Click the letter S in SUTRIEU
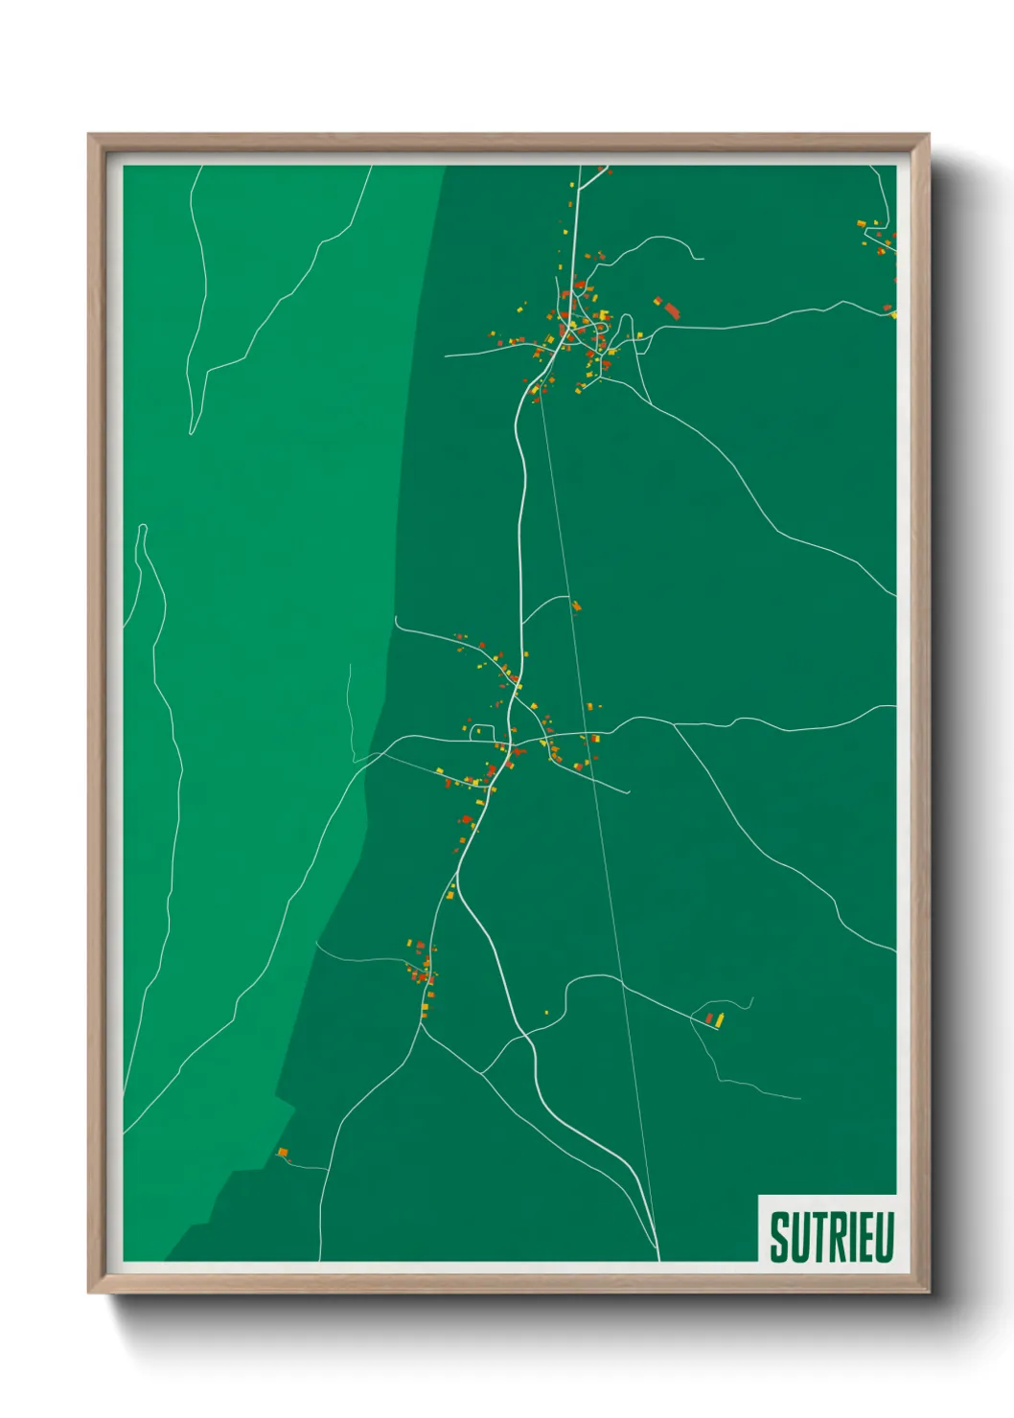[x=779, y=1238]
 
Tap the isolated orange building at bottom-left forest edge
[x=282, y=1153]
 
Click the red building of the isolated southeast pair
[x=709, y=1018]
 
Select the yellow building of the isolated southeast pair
[x=719, y=1020]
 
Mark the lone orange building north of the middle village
[x=576, y=606]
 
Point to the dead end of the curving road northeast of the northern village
[x=703, y=258]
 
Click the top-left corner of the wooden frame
[x=89, y=135]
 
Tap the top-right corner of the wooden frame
[x=928, y=135]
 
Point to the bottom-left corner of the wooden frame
[x=89, y=1292]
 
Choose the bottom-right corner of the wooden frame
[x=928, y=1292]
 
